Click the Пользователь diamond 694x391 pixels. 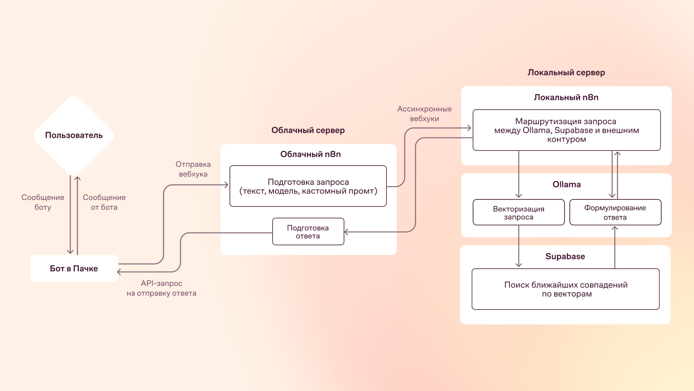[x=74, y=136]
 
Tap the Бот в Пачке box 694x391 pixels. [x=74, y=268]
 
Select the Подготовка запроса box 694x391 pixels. [x=308, y=186]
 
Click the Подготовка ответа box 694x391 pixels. [x=308, y=231]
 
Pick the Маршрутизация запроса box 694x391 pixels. [x=566, y=130]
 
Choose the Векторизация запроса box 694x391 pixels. [x=519, y=212]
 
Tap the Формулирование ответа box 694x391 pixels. [x=615, y=212]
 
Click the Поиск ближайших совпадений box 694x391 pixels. [x=566, y=289]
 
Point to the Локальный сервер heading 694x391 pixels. [x=566, y=73]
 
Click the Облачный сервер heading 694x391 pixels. [x=308, y=130]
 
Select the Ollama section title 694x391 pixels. [x=567, y=184]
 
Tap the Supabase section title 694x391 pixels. [x=565, y=256]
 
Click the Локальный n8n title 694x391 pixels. [x=566, y=97]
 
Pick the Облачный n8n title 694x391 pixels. [x=311, y=154]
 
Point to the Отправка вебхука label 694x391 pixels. [x=193, y=169]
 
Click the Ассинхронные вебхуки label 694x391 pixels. [x=424, y=114]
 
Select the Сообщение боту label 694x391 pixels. [x=43, y=202]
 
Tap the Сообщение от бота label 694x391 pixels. [x=104, y=202]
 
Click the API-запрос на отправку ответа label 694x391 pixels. [x=161, y=288]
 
